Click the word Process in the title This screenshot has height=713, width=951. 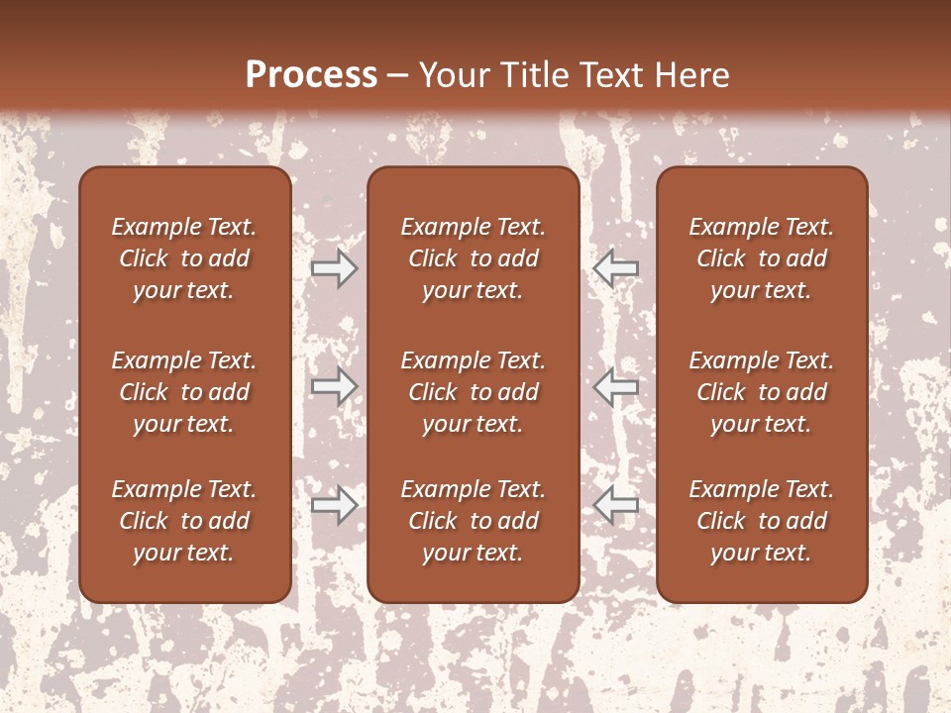point(311,75)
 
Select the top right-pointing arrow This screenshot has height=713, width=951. point(335,267)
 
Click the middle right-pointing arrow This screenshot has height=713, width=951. point(335,385)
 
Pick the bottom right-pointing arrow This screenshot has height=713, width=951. point(335,505)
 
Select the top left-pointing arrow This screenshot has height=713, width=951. point(616,267)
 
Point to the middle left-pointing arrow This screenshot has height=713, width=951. point(616,385)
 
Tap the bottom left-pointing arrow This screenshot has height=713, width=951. point(616,505)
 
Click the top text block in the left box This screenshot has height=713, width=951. point(184,258)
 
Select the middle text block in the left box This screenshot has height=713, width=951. point(184,392)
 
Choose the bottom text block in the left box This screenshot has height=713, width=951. point(184,521)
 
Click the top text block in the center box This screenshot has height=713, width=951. point(474,258)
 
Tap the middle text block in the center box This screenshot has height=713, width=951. point(474,392)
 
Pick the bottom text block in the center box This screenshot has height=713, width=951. point(474,521)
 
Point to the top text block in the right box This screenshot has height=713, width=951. point(762,258)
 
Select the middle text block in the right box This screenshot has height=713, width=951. point(762,392)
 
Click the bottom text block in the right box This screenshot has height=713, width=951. point(762,521)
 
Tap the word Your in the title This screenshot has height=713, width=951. point(451,75)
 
